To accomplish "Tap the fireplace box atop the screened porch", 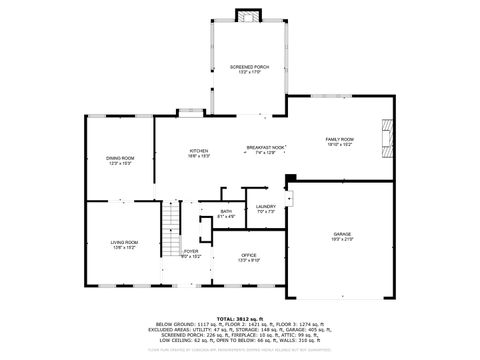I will pyautogui.click(x=247, y=14).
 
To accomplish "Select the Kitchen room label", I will pyautogui.click(x=199, y=151).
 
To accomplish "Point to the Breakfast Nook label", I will pyautogui.click(x=266, y=148).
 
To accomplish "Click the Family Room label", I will pyautogui.click(x=339, y=139).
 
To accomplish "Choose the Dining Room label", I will pyautogui.click(x=120, y=158).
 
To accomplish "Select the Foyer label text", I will pyautogui.click(x=190, y=251).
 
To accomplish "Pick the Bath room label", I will pyautogui.click(x=226, y=211).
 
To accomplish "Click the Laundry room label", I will pyautogui.click(x=266, y=206).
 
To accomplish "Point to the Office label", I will pyautogui.click(x=248, y=254).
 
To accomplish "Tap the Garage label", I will pyautogui.click(x=342, y=234).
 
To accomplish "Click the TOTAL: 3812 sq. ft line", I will pyautogui.click(x=241, y=316).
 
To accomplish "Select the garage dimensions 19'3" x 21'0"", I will pyautogui.click(x=342, y=240).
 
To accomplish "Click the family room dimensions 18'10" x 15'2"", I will pyautogui.click(x=339, y=145).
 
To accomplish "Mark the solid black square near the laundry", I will pyautogui.click(x=289, y=180).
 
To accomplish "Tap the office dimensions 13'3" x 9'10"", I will pyautogui.click(x=248, y=260).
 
